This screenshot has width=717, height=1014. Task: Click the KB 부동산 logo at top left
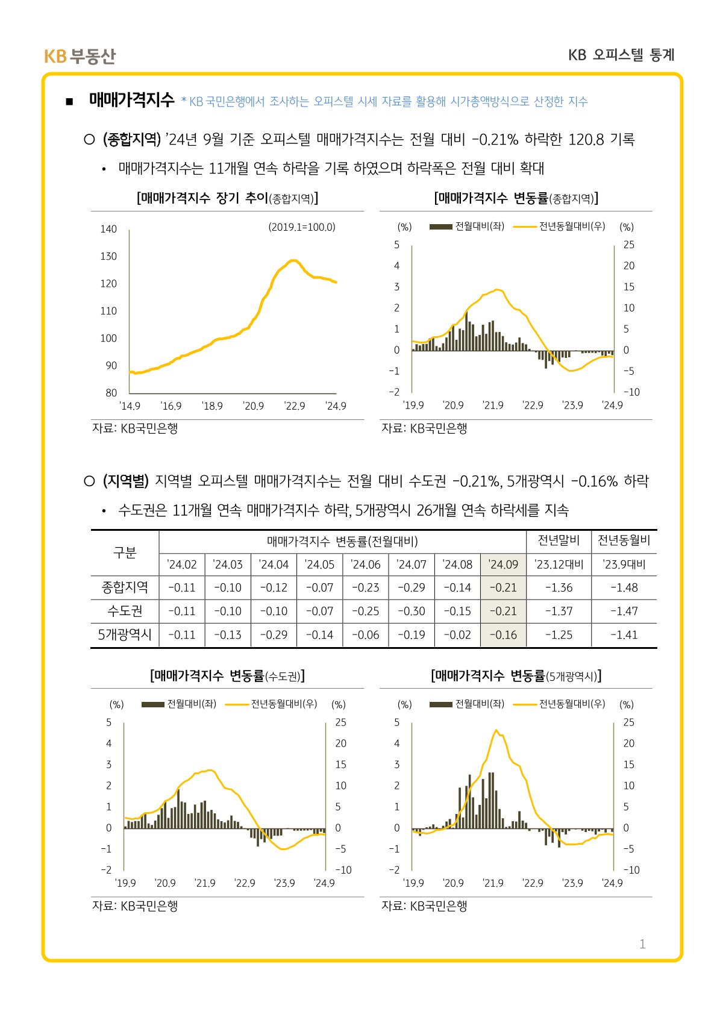pos(79,56)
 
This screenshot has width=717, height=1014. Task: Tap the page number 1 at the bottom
pos(642,944)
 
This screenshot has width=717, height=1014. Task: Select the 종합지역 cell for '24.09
pos(503,587)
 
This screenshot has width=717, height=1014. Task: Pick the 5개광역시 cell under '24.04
pos(274,634)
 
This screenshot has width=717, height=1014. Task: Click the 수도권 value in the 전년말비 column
pos(559,611)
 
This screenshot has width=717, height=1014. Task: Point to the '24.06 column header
pos(366,565)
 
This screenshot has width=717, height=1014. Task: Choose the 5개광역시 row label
pos(125,634)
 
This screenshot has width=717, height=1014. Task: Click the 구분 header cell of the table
pos(125,552)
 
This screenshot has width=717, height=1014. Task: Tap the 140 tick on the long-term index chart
pos(108,229)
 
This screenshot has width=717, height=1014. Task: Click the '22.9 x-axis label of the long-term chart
pos(295,406)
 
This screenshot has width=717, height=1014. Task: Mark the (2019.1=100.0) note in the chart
pos(302,227)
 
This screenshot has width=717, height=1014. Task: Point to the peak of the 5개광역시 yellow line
pos(496,730)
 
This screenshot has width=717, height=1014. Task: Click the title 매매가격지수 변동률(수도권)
pos(227,675)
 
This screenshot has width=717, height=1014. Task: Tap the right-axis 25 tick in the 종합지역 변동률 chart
pos(628,245)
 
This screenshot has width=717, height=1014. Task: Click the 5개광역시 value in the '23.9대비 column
pos(624,634)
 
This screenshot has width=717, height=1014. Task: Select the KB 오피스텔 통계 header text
pos(621,55)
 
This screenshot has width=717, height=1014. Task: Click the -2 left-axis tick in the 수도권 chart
pos(106,869)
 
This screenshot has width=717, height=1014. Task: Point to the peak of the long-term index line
pos(293,260)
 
